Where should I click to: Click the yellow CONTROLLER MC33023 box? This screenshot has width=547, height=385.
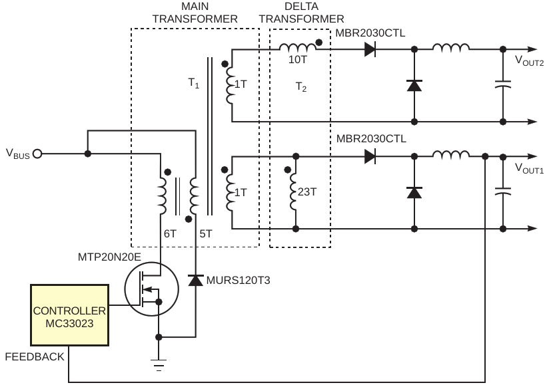69,314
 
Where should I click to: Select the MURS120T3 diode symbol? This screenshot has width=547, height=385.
195,281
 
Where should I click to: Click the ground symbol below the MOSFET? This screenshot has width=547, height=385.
159,364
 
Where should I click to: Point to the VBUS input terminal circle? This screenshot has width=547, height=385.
37,154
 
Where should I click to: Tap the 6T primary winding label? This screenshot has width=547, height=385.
169,234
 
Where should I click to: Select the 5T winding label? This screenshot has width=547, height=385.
205,234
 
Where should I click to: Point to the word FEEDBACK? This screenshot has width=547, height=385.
35,357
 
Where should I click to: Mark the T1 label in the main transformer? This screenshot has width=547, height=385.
194,84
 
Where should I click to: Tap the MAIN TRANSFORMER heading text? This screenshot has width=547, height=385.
195,13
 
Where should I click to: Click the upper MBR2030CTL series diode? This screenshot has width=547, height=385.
370,49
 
